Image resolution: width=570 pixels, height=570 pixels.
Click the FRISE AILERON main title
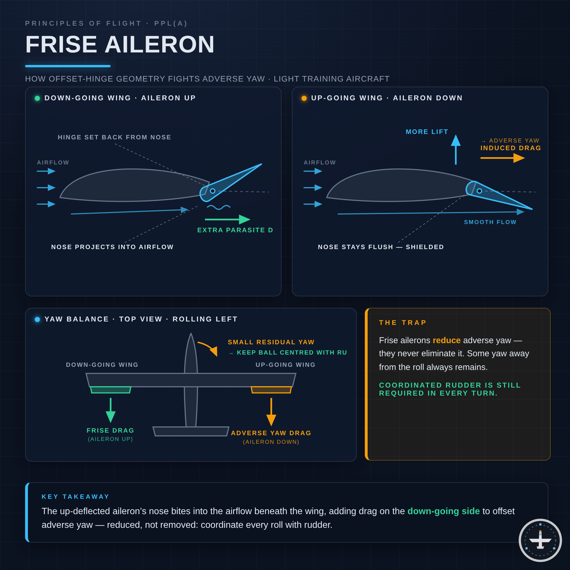pos(120,44)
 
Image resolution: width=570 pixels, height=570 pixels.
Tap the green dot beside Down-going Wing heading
pos(37,98)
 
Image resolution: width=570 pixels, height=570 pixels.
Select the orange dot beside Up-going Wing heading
pos(304,98)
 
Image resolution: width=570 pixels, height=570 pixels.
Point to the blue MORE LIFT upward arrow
pos(455,150)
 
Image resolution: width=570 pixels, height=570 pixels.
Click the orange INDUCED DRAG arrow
pos(502,158)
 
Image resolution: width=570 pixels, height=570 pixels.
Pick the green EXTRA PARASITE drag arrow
pos(227,219)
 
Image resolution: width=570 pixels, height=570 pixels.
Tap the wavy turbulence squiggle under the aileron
pos(219,207)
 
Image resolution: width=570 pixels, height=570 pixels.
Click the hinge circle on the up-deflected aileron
pos(212,191)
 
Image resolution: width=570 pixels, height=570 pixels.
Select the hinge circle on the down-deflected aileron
pos(479,191)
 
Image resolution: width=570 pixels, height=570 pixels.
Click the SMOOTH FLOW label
pos(490,222)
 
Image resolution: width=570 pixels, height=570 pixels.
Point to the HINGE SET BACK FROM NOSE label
pos(115,137)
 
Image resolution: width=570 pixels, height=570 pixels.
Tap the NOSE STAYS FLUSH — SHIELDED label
pos(381,247)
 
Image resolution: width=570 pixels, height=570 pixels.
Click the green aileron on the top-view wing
pos(111,390)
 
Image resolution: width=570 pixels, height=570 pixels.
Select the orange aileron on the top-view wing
pos(271,390)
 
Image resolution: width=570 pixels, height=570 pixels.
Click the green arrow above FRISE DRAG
pos(111,410)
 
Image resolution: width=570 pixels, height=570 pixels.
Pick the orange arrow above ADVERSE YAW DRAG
pos(271,412)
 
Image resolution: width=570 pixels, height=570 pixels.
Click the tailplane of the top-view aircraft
pos(191,431)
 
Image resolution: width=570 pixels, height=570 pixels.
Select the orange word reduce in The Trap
pos(446,340)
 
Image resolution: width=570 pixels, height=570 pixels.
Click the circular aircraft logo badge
pos(540,540)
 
